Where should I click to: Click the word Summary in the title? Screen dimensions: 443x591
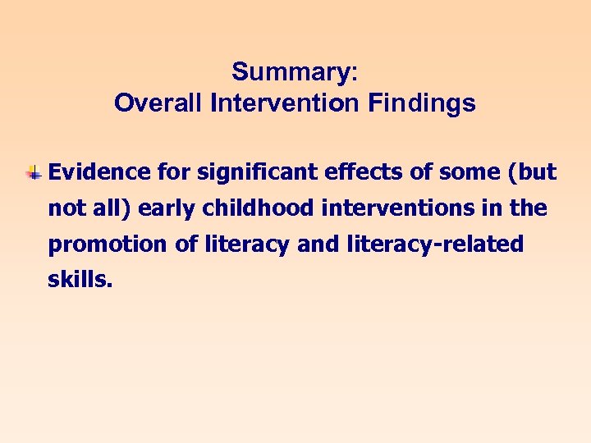click(x=291, y=72)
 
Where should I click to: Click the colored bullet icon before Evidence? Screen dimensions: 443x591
click(x=34, y=172)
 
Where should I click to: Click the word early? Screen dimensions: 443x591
click(x=163, y=208)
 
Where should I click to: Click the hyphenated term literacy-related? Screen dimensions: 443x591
click(x=442, y=244)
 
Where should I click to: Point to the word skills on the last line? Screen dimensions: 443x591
click(x=80, y=281)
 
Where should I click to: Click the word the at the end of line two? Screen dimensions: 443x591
click(x=528, y=208)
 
